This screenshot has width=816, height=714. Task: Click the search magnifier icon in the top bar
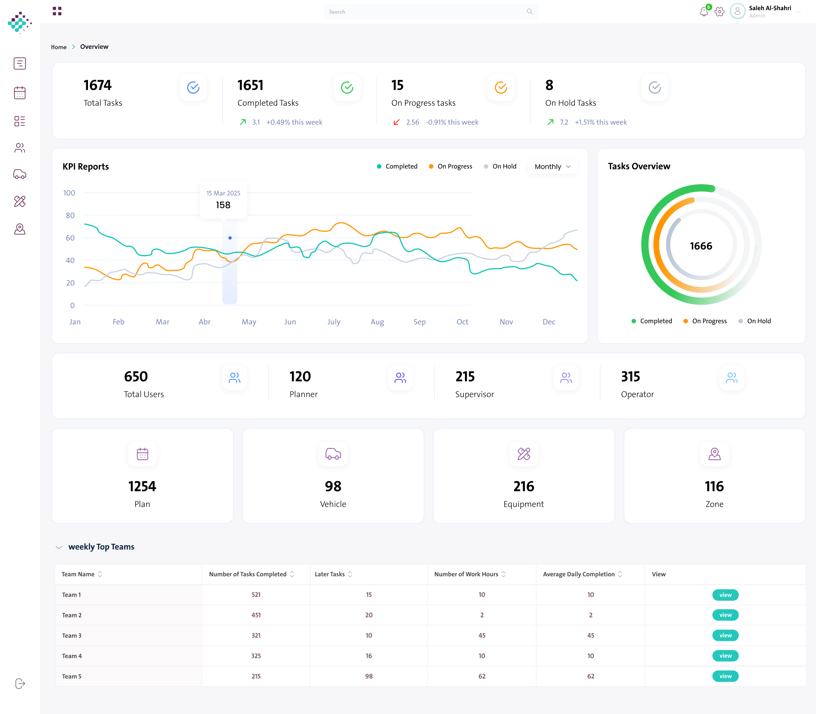pos(530,11)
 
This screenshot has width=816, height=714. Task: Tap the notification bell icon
pos(704,12)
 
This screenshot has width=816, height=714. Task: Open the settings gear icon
pos(720,12)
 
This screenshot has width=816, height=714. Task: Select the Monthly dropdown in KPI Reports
pos(552,167)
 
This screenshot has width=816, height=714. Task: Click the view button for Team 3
pos(725,635)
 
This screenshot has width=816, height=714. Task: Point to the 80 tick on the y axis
pos(70,215)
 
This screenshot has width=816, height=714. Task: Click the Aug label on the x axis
pos(377,322)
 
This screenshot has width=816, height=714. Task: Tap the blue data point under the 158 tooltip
pos(230,238)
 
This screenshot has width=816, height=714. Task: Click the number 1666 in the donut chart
pos(701,246)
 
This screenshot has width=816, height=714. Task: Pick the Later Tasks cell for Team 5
pos(369,676)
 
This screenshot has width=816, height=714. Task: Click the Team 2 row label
pos(72,615)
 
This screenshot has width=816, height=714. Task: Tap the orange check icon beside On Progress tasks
pos(501,88)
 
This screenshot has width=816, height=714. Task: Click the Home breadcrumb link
pos(59,47)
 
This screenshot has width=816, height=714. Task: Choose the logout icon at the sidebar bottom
pos(20,683)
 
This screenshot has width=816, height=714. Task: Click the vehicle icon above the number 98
pos(333,454)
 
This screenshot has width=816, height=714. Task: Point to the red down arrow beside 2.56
pos(397,122)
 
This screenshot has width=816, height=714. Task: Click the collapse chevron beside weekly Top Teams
pos(59,547)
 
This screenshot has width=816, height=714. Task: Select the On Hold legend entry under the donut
pos(755,321)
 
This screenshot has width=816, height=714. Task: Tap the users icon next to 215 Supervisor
pos(566,378)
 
